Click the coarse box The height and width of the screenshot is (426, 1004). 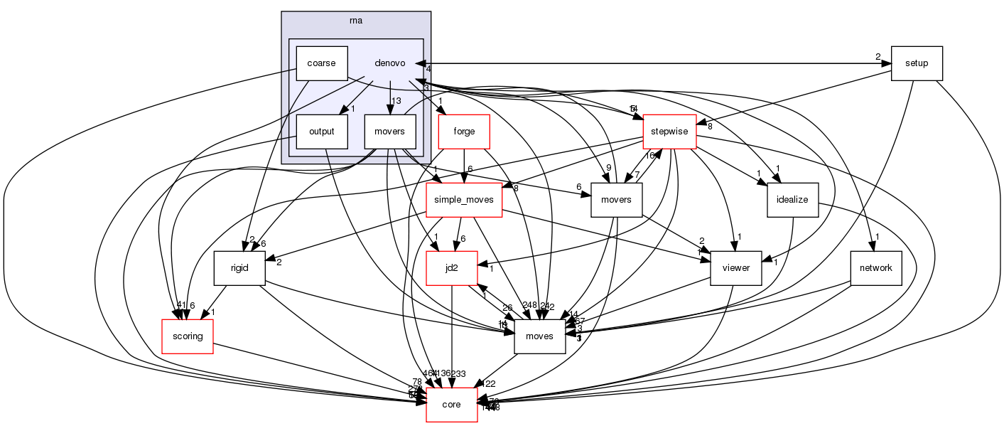pyautogui.click(x=321, y=63)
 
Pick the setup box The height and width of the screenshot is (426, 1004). pyautogui.click(x=917, y=63)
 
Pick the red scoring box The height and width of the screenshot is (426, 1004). pyautogui.click(x=188, y=336)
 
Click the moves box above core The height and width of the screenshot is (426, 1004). pyautogui.click(x=539, y=336)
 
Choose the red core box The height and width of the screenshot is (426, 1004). pyautogui.click(x=451, y=405)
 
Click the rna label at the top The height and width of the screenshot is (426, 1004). pyautogui.click(x=356, y=20)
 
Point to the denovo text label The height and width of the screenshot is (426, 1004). pyautogui.click(x=389, y=63)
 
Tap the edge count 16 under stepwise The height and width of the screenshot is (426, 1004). pyautogui.click(x=649, y=155)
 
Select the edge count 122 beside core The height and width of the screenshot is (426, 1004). pyautogui.click(x=487, y=384)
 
